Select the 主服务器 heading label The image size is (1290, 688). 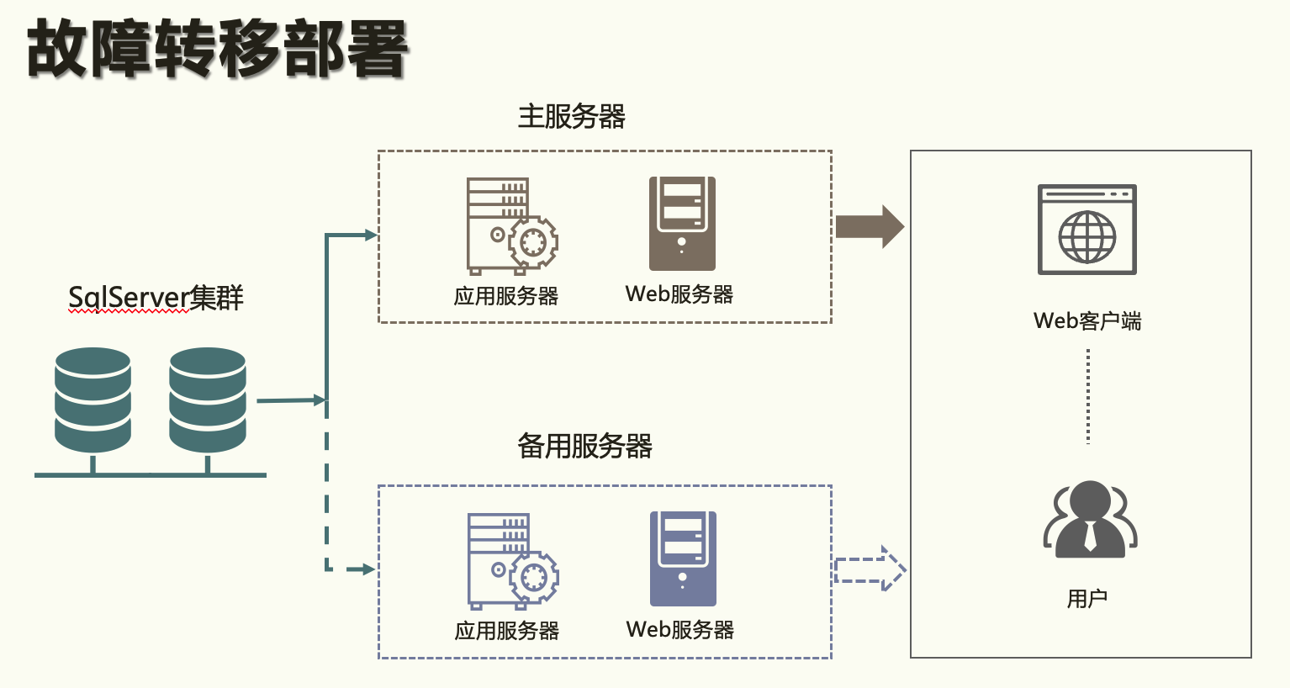click(571, 116)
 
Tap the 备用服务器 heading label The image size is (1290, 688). click(584, 446)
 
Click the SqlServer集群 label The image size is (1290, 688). click(156, 298)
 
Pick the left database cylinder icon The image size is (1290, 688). click(93, 400)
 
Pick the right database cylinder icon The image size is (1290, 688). click(207, 400)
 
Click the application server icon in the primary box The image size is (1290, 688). click(511, 225)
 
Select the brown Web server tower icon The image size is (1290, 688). click(682, 224)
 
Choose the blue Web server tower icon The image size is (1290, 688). click(683, 558)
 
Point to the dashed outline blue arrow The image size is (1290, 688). click(870, 569)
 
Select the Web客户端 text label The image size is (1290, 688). click(1087, 320)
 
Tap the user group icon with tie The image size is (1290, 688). click(1090, 520)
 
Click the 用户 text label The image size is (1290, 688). click(1087, 599)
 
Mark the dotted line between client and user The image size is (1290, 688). click(1088, 396)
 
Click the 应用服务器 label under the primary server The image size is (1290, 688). click(506, 296)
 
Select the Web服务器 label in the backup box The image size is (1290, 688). click(679, 630)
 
